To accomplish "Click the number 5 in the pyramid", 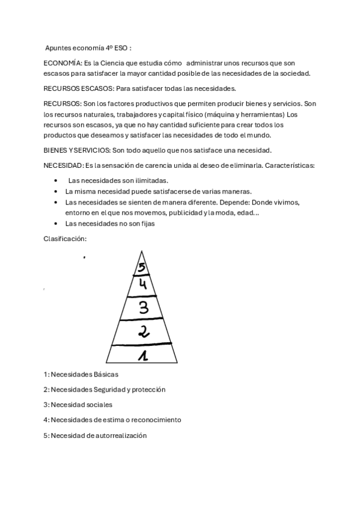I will point(141,268).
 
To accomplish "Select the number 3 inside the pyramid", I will point(143,307).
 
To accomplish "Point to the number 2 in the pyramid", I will point(144,331).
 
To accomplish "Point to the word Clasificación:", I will point(65,239).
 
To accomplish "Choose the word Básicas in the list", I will point(106,374).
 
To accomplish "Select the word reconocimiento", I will point(152,420).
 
